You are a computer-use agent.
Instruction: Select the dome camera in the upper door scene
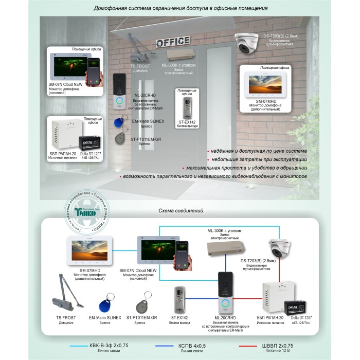(x=249, y=44)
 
